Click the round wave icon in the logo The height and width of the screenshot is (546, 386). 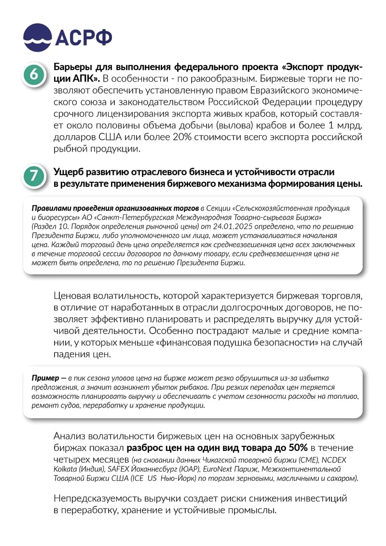pos(37,37)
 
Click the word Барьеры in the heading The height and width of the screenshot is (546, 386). pos(72,66)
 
